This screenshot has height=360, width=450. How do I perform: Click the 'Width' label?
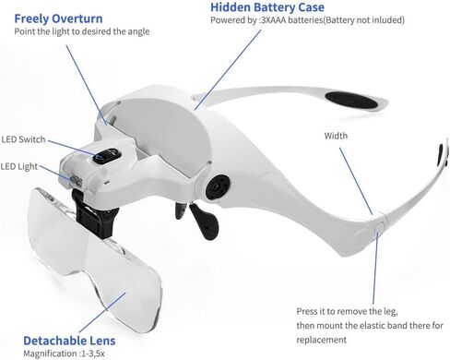tap(337, 136)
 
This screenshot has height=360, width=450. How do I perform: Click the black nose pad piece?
tap(202, 218)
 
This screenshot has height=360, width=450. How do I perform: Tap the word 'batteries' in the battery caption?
tap(321, 26)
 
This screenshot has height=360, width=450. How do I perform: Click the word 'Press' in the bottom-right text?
tap(309, 312)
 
